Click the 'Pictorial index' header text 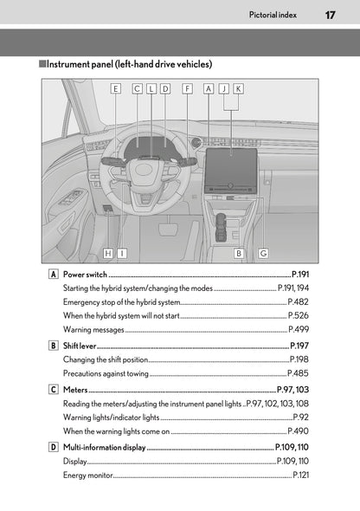(x=273, y=15)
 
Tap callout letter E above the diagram (x=115, y=88)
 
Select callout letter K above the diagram (x=238, y=88)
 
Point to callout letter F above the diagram (x=187, y=88)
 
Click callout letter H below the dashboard (x=107, y=253)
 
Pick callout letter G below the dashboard (x=262, y=253)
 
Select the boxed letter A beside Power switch (x=55, y=274)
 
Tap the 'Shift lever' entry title (x=80, y=346)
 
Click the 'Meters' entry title (x=74, y=391)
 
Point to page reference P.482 (x=299, y=301)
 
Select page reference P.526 (x=299, y=315)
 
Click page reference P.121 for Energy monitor (x=301, y=475)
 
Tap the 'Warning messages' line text (x=93, y=330)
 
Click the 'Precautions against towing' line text (x=106, y=373)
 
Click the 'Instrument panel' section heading (x=129, y=64)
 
